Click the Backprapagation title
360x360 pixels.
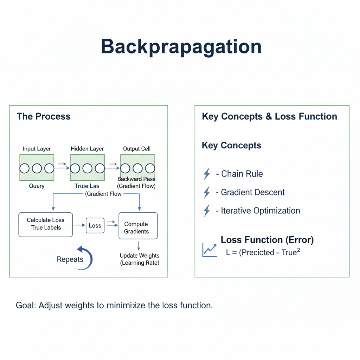[181, 47]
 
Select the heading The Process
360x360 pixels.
[44, 116]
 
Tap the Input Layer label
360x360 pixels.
[37, 149]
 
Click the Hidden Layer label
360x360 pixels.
[87, 149]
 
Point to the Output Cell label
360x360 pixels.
[137, 149]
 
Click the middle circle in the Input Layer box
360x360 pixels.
[37, 168]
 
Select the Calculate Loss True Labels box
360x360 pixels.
[45, 224]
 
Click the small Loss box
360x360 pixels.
[95, 226]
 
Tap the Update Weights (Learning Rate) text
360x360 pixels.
[140, 259]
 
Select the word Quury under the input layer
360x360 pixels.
[37, 186]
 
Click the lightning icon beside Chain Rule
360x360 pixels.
[207, 174]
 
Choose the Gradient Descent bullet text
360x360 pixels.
[253, 192]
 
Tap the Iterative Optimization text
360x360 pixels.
[261, 211]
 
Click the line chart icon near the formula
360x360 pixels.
[209, 250]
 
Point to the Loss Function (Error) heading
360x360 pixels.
[267, 240]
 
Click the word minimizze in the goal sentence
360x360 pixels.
[126, 305]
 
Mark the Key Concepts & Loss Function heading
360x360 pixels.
[269, 116]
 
